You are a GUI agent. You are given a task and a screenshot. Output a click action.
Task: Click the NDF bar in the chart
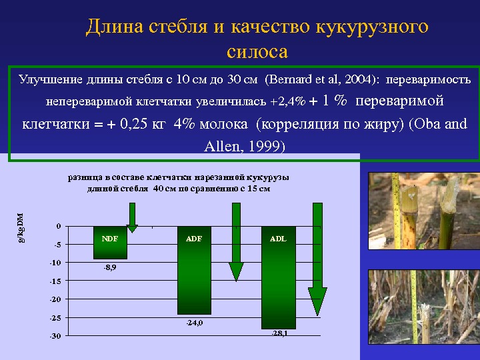[x=110, y=243]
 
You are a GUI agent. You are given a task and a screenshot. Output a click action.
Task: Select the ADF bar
[x=195, y=270]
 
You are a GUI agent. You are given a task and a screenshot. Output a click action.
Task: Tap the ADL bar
[x=279, y=277]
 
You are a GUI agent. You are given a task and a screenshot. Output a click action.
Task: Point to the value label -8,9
[x=110, y=267]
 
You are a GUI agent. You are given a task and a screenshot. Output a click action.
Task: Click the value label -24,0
[x=195, y=323]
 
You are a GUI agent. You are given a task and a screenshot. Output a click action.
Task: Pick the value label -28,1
[x=279, y=333]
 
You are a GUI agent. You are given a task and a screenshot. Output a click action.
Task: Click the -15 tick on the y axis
[x=55, y=281]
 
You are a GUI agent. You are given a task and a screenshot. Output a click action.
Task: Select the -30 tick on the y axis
[x=55, y=336]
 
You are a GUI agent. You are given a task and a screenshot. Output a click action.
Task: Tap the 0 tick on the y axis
[x=59, y=226]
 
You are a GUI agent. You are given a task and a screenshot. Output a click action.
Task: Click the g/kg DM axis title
[x=21, y=228]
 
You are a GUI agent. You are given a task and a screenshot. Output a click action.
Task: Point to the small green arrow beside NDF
[x=132, y=217]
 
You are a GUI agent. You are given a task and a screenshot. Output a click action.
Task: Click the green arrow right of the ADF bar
[x=236, y=242]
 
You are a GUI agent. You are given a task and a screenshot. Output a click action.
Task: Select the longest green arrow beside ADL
[x=317, y=259]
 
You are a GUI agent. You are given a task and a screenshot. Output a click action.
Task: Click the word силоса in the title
[x=257, y=51]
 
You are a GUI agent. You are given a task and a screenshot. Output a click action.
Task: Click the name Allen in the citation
[x=222, y=146]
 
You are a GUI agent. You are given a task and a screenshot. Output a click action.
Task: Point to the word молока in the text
[x=223, y=124]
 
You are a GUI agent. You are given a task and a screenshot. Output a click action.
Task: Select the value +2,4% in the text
[x=288, y=101]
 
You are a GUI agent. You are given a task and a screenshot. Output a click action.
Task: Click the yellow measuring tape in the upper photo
[x=396, y=211]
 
